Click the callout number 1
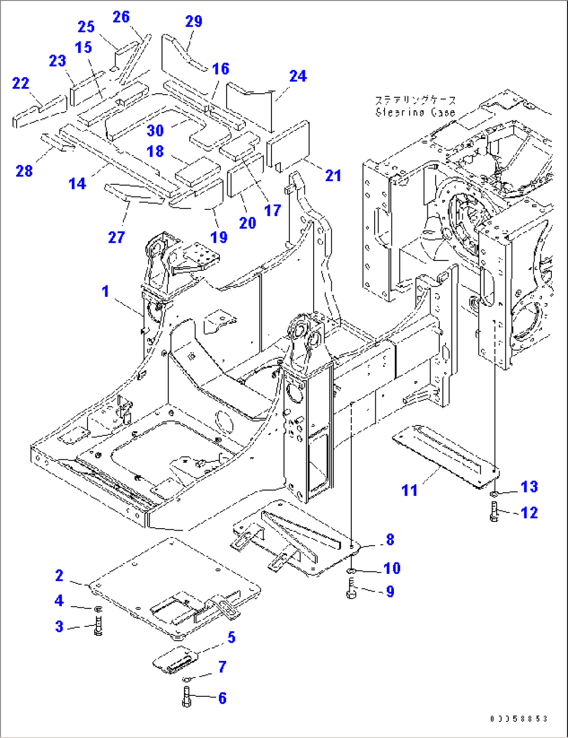pyautogui.click(x=106, y=291)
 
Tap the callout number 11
pyautogui.click(x=410, y=490)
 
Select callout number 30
pyautogui.click(x=155, y=130)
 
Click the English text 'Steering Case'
pyautogui.click(x=415, y=112)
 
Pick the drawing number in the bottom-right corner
pyautogui.click(x=518, y=719)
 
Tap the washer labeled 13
pyautogui.click(x=494, y=493)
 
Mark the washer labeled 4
pyautogui.click(x=98, y=609)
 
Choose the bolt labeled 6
pyautogui.click(x=187, y=697)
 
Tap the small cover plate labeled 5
pyautogui.click(x=174, y=659)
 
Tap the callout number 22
pyautogui.click(x=21, y=83)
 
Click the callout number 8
pyautogui.click(x=390, y=540)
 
